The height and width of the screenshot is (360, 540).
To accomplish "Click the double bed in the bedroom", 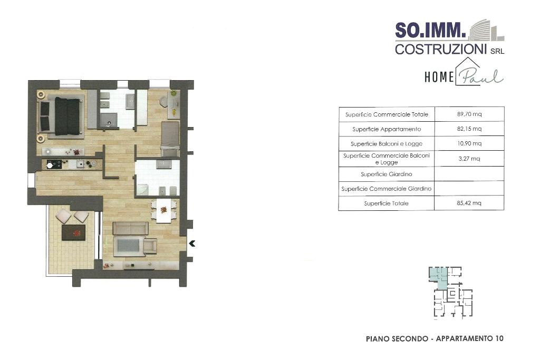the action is pos(61,116).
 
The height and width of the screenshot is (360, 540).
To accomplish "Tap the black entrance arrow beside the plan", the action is pos(192,244).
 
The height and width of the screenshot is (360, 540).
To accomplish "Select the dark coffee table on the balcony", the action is pos(73,232).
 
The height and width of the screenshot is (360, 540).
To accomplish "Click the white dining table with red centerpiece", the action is pos(164,210).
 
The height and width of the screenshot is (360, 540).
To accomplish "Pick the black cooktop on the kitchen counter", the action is pos(54,164).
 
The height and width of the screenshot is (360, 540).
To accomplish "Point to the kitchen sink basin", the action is pos(80,164).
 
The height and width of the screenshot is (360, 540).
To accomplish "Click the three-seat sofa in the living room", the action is pos(131,228).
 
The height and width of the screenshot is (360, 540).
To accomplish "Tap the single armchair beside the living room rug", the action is pos(150,246).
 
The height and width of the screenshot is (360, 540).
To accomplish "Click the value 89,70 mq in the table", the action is pos(469,114).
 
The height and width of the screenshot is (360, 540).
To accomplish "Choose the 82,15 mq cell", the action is pos(469,129).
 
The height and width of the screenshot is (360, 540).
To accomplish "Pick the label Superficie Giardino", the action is pos(387,174).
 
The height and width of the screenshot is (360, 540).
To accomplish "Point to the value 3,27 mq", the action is pos(469,159).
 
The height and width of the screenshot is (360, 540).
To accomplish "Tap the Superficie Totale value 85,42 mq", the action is pos(469,203).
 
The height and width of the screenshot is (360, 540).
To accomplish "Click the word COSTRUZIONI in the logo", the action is pos(440,49).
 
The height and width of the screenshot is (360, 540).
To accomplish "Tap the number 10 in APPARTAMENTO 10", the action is pos(499,339).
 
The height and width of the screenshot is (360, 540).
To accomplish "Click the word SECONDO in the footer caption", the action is pos(409,339).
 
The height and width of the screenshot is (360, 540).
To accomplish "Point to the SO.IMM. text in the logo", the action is pos(430,30).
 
